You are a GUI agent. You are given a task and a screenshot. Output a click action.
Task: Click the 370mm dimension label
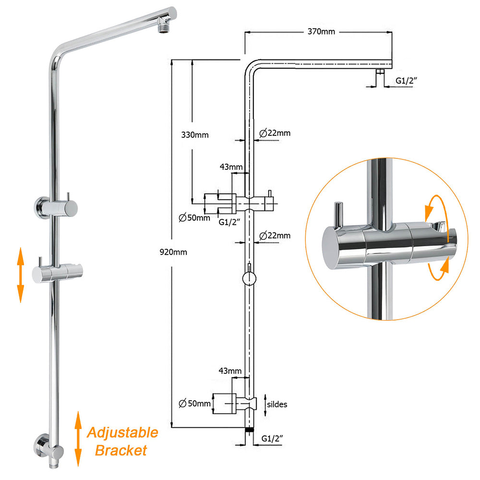(321, 32)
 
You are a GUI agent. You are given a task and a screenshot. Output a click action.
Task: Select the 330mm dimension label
(195, 135)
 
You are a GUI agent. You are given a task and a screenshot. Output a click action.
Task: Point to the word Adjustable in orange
(122, 433)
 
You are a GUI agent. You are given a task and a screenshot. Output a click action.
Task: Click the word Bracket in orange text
(120, 451)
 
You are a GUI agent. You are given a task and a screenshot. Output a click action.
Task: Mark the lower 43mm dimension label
(231, 371)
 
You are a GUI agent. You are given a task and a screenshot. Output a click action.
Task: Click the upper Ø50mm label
(194, 217)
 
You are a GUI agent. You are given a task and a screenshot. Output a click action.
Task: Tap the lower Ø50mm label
(194, 404)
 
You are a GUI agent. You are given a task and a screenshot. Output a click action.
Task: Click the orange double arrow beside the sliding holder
(20, 275)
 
